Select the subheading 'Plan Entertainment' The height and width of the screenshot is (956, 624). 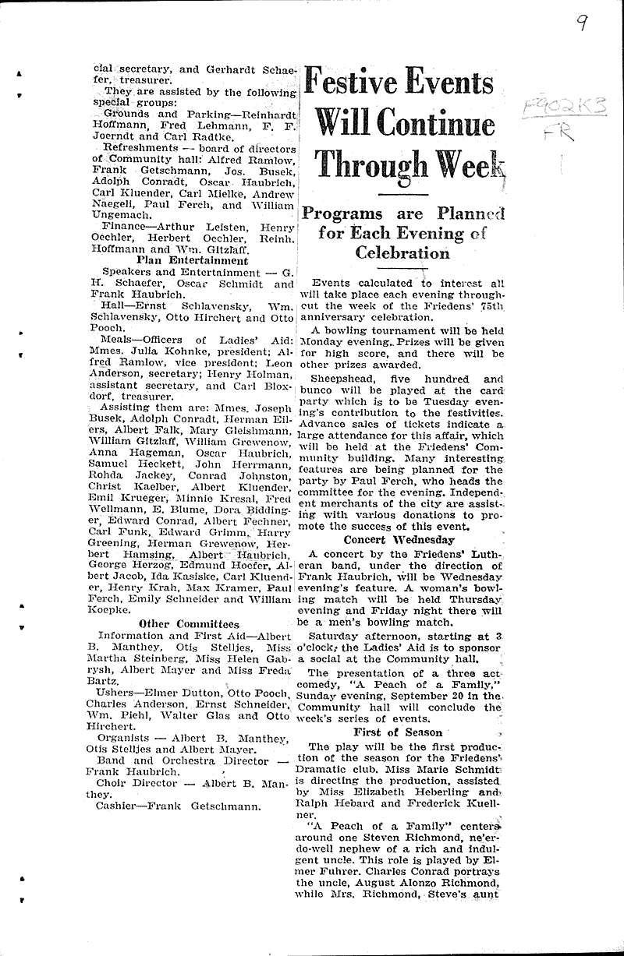[192, 261]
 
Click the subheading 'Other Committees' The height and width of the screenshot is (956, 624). [189, 623]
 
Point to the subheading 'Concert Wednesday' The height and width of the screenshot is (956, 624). [399, 539]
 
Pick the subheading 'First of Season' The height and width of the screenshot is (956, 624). [398, 732]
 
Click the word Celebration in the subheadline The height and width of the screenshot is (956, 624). [402, 252]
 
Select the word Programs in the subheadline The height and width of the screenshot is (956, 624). [343, 214]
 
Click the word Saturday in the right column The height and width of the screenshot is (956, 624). [335, 636]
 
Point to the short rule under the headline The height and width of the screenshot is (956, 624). [402, 193]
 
